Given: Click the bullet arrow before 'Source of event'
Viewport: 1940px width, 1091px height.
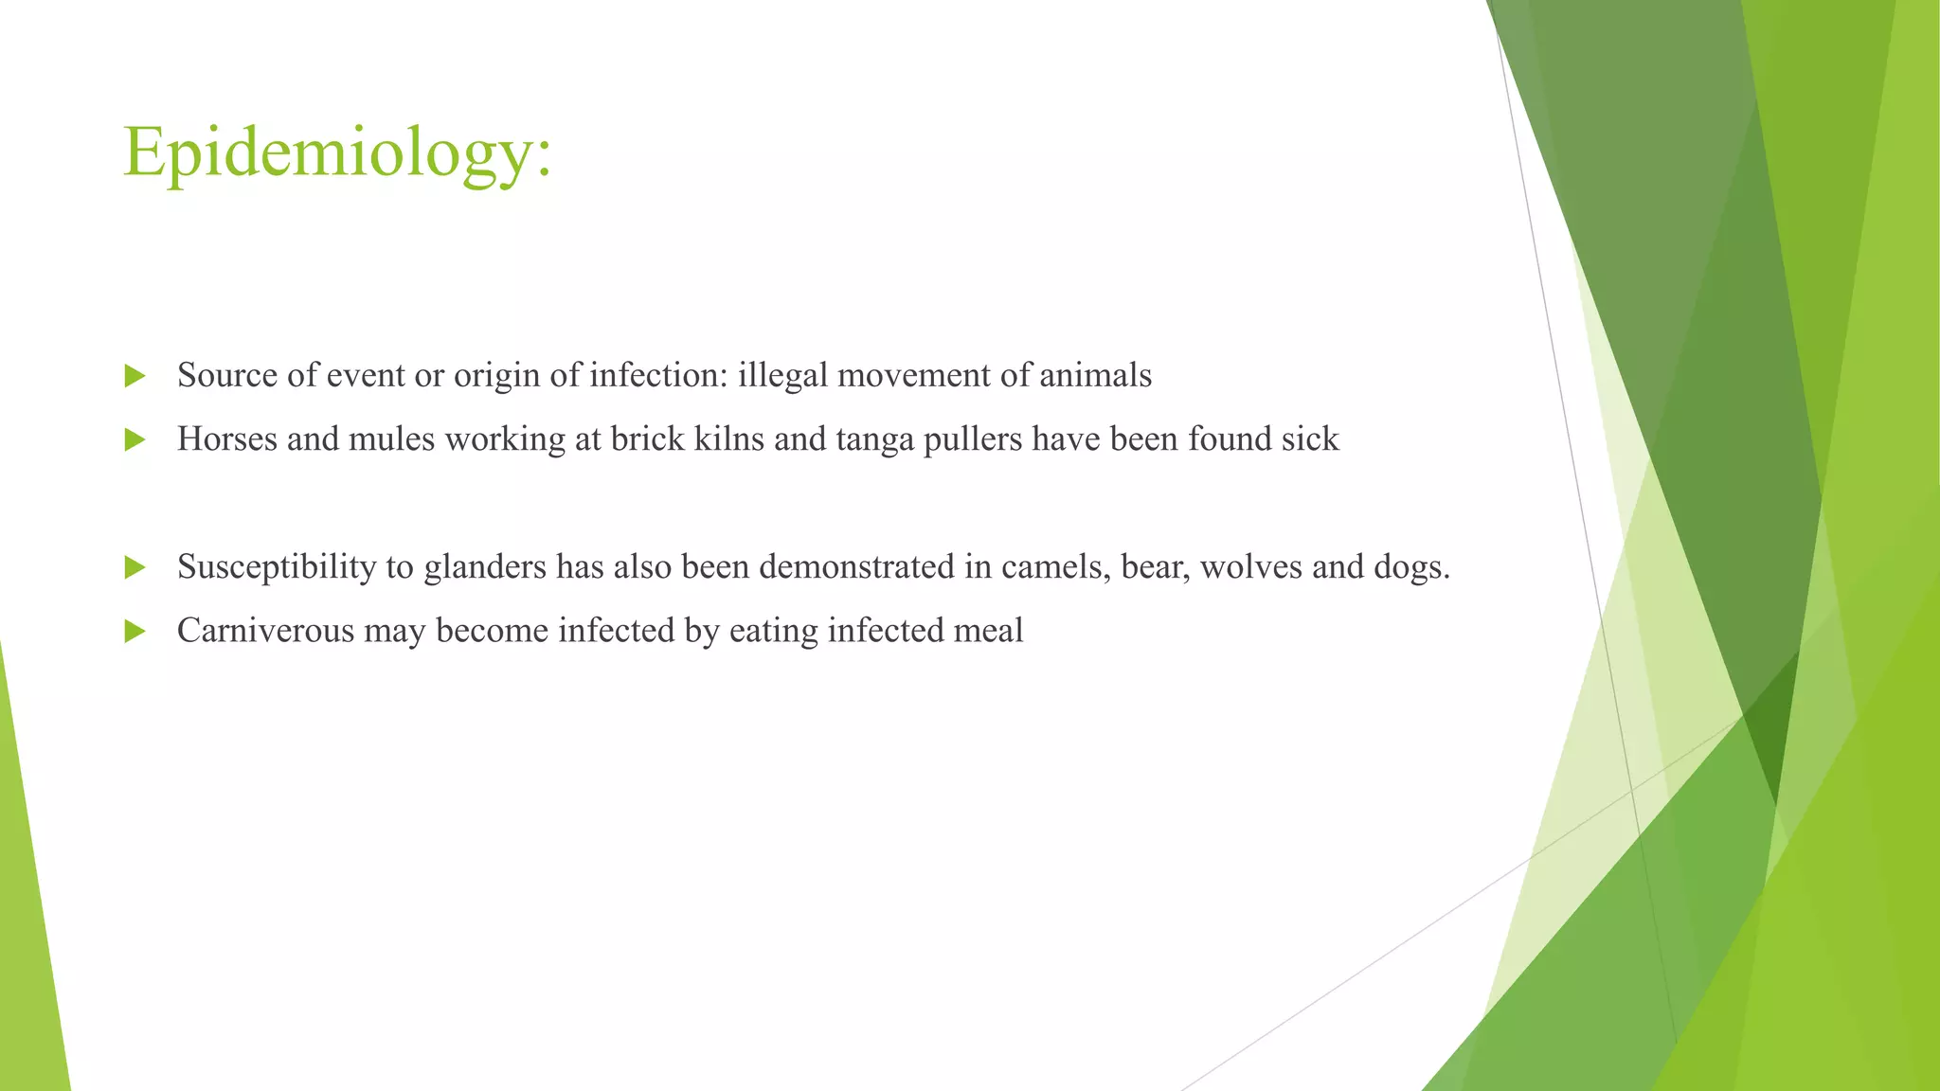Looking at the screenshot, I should tap(135, 377).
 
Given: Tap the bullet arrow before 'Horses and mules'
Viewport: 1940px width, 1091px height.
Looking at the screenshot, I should tap(135, 440).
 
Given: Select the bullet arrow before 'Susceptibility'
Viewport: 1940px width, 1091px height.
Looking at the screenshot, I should tap(135, 568).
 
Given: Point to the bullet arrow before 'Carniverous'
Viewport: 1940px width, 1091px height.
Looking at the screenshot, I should tap(135, 632).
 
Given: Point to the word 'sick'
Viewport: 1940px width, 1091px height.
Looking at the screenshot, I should tap(1310, 439).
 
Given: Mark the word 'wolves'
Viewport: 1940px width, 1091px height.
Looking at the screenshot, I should tap(1250, 567).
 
